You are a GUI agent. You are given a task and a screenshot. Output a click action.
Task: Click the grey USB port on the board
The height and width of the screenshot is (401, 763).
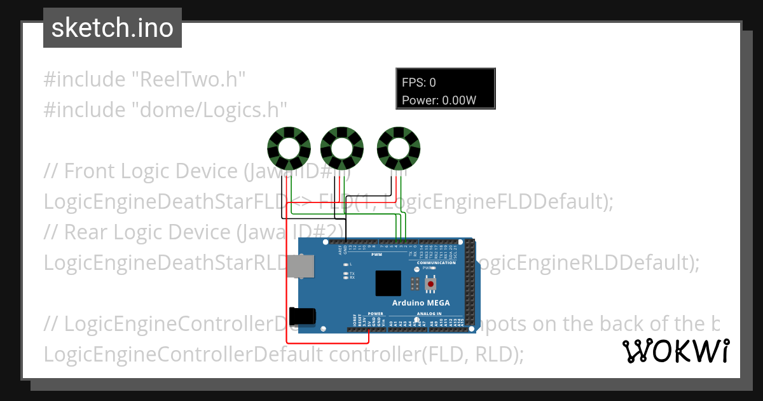tap(300, 267)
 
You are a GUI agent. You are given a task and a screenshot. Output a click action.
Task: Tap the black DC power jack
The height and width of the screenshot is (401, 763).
tap(302, 316)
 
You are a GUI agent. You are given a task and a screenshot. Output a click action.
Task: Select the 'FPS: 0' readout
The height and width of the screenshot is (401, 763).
tap(419, 82)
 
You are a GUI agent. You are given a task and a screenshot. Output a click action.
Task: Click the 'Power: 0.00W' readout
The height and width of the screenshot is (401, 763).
tap(439, 100)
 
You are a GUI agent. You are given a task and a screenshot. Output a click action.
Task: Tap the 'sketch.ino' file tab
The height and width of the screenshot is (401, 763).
tap(113, 28)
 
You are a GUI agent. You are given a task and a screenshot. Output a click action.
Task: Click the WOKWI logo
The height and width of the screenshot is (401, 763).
tap(675, 351)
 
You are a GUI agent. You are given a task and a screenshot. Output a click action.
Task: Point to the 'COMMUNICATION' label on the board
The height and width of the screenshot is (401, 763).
tap(436, 262)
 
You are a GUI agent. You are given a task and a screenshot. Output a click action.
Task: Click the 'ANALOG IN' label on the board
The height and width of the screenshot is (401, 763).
tap(429, 314)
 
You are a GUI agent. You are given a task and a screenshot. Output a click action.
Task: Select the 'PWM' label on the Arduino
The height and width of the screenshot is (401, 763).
tap(376, 255)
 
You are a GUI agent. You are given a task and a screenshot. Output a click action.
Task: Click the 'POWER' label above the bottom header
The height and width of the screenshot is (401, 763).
tap(376, 314)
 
